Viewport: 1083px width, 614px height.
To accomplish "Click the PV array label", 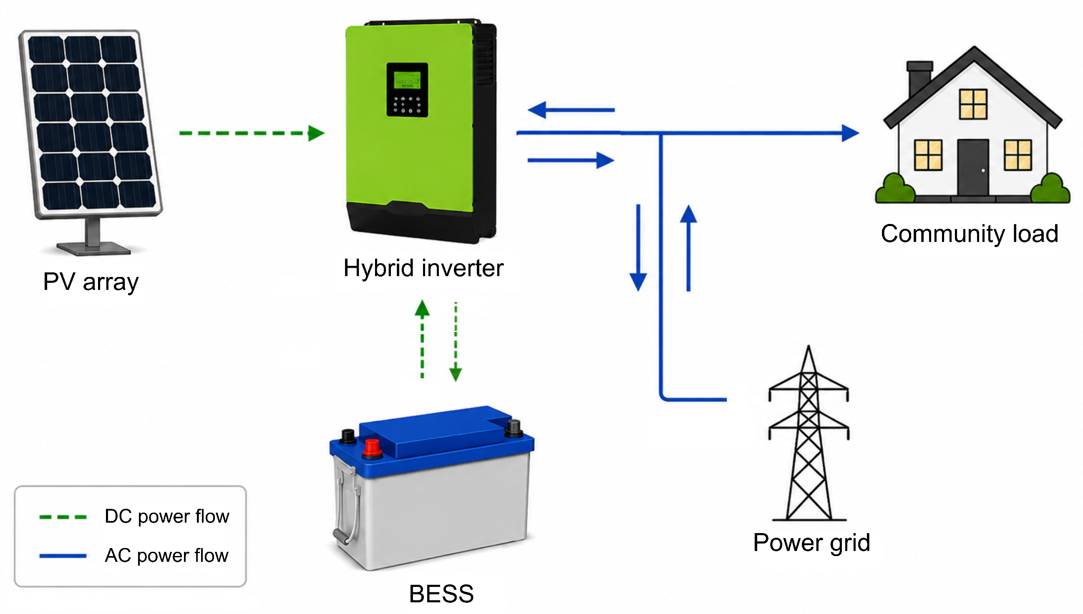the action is [x=91, y=282].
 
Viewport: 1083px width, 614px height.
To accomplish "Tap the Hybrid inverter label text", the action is [x=423, y=268].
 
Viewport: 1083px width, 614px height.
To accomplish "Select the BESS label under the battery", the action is [x=441, y=594].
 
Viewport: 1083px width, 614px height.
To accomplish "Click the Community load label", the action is [x=970, y=234].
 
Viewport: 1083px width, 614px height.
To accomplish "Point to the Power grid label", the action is [x=811, y=543].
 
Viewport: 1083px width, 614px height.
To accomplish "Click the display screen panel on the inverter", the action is [x=407, y=90].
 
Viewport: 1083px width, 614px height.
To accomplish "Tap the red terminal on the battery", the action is [x=372, y=449].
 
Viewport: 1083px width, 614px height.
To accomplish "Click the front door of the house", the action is [x=973, y=167].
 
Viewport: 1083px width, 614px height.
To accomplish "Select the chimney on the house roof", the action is [x=919, y=78].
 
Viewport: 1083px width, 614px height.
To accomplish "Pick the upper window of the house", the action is [x=973, y=104].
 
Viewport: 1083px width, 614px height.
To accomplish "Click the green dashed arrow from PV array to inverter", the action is [x=252, y=133].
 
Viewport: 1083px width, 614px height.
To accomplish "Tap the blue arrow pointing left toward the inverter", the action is [x=571, y=110].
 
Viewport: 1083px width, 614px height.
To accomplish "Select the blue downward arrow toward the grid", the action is [x=638, y=248].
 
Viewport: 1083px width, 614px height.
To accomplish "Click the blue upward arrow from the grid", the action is [x=688, y=248].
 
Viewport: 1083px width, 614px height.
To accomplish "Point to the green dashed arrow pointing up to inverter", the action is [x=422, y=339].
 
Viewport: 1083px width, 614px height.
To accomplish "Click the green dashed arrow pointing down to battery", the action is [x=456, y=342].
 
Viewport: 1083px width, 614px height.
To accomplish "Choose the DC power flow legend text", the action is [x=166, y=516].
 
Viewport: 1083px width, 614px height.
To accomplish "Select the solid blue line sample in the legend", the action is [x=63, y=556].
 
